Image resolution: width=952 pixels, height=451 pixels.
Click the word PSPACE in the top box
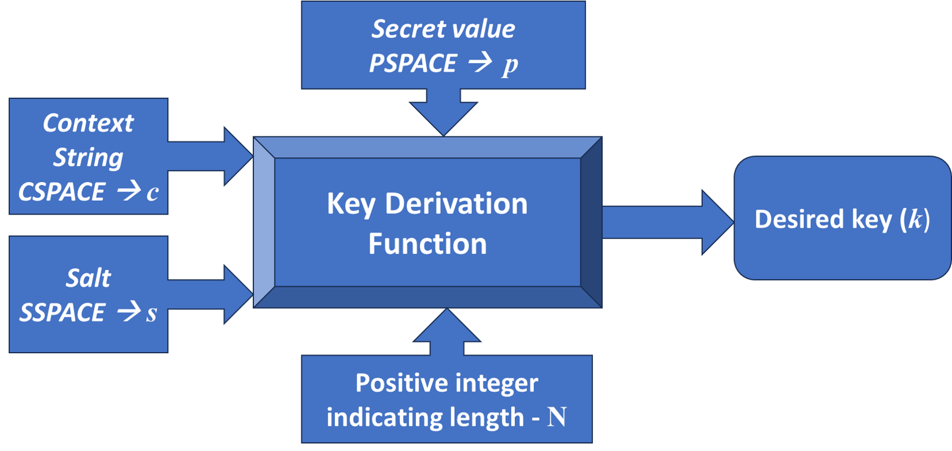pyautogui.click(x=412, y=63)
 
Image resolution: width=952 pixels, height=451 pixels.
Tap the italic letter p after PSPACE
pyautogui.click(x=510, y=64)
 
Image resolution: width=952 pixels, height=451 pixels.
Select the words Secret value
pyautogui.click(x=443, y=29)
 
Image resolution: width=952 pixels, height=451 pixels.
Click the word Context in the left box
pyautogui.click(x=88, y=123)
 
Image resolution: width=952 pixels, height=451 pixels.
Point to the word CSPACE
pyautogui.click(x=61, y=192)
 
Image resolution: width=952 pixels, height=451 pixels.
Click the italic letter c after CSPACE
pyautogui.click(x=152, y=193)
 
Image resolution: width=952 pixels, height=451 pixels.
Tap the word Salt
pyautogui.click(x=88, y=279)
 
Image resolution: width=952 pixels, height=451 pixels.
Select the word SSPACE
pyautogui.click(x=61, y=313)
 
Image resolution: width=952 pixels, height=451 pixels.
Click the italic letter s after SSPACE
pyautogui.click(x=151, y=314)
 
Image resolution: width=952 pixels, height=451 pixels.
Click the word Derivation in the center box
pyautogui.click(x=456, y=204)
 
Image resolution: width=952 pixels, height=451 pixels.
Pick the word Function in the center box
pyautogui.click(x=427, y=243)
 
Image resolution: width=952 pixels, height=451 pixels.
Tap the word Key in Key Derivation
pyautogui.click(x=350, y=205)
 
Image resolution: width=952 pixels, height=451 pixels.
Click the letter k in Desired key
pyautogui.click(x=915, y=219)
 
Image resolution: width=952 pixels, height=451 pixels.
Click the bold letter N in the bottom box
pyautogui.click(x=556, y=417)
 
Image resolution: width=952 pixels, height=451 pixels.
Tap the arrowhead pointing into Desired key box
pyautogui.click(x=718, y=222)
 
